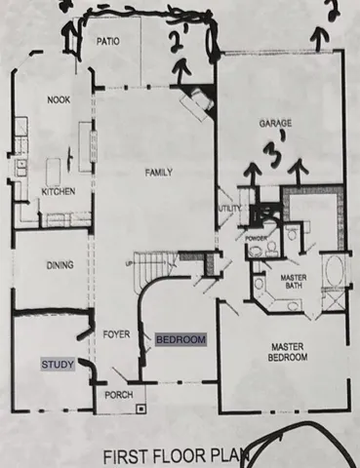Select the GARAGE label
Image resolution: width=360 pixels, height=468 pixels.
coord(276,125)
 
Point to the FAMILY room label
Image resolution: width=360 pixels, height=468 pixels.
coord(159,173)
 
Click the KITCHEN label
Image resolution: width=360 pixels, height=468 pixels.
coord(58,192)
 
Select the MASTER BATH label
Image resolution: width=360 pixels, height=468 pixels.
coord(294,283)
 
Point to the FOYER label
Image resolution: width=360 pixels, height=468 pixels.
coord(117,334)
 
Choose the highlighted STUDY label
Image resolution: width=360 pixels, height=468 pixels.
coord(56,365)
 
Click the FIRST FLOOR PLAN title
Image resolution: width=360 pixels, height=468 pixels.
coord(180,454)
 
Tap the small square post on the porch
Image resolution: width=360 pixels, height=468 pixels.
coord(140,408)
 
